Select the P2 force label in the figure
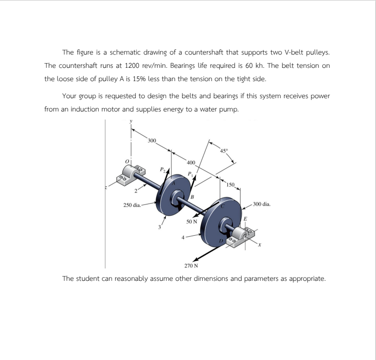pos(163,168)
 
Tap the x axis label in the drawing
pos(260,246)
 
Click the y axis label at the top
pos(131,121)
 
